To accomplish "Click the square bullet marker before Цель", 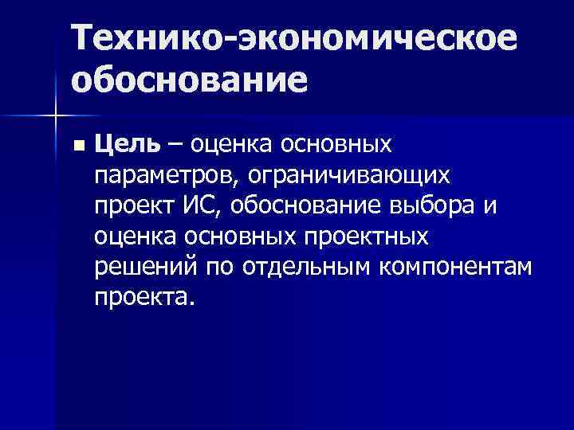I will [77, 147].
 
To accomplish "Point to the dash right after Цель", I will [174, 145].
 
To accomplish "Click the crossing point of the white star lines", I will [55, 116].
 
